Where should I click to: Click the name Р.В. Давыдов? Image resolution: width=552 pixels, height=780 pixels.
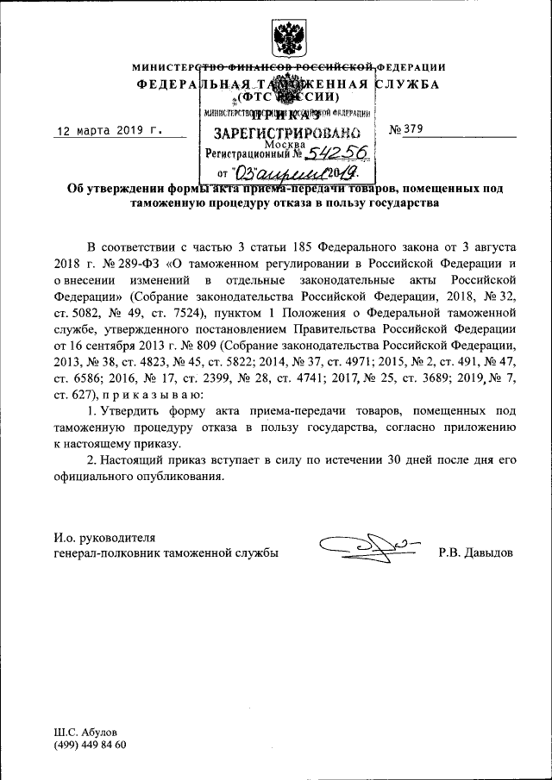click(x=475, y=552)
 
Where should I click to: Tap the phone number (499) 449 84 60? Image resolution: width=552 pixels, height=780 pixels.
click(x=90, y=744)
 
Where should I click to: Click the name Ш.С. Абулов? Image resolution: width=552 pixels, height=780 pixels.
click(x=85, y=731)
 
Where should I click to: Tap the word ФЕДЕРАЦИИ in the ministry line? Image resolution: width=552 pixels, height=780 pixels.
click(x=413, y=67)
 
